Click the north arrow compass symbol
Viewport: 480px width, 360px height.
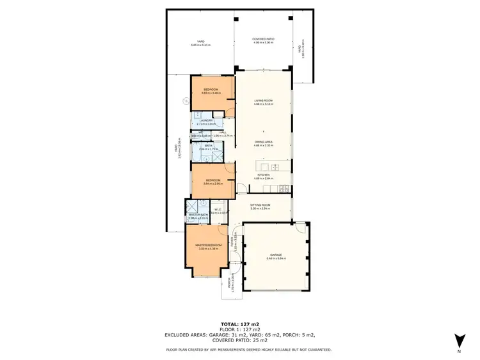coord(459,341)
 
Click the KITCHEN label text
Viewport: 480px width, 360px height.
coord(264,175)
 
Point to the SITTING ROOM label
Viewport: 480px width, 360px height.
coord(261,205)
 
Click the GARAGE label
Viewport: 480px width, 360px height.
coord(276,254)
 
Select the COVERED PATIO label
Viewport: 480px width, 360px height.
coord(263,39)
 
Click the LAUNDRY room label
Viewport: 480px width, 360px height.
coord(205,120)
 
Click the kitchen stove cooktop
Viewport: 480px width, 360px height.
coord(284,189)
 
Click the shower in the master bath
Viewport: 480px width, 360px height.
coord(191,206)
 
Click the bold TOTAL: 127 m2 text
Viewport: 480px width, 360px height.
coord(239,324)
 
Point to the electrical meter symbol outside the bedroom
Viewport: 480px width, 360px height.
coord(186,101)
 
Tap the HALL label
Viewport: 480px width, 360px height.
coord(223,133)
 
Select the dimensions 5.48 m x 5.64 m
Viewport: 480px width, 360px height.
coord(276,258)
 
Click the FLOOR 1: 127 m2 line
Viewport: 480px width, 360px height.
coord(239,329)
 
